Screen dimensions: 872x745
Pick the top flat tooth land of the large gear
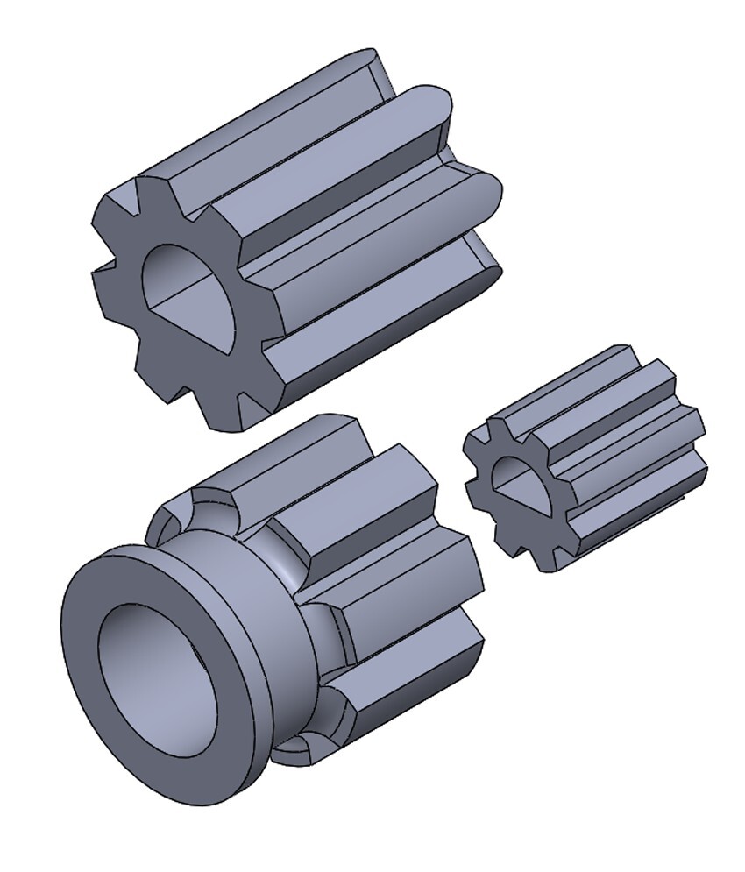pos(263,114)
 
